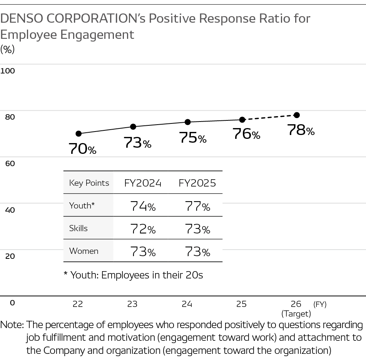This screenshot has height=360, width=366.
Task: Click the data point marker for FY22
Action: (79, 133)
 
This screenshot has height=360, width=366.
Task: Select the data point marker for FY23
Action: (133, 127)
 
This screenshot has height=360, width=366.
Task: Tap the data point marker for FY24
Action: (188, 122)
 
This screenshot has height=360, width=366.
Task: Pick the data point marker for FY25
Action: (242, 120)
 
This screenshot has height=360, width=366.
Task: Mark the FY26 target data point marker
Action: (297, 115)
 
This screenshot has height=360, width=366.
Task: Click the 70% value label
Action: (82, 149)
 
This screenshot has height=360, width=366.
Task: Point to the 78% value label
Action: (301, 130)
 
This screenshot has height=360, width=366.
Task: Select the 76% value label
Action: (246, 134)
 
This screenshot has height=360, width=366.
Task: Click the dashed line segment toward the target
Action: (269, 117)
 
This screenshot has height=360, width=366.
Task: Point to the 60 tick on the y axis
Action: (10, 163)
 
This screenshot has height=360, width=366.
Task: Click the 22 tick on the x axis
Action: (78, 304)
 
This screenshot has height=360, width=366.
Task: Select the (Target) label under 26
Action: (296, 313)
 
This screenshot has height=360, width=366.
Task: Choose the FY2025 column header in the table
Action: (197, 183)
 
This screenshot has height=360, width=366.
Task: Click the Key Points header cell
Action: (89, 183)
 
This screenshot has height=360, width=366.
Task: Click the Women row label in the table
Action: (84, 251)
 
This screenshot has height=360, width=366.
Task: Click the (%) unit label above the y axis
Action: (7, 49)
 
